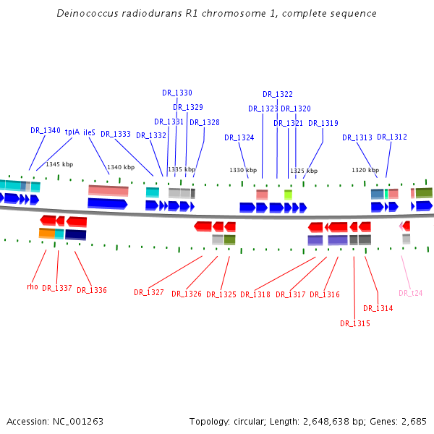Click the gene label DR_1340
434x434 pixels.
(x=46, y=130)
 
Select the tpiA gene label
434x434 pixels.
(x=72, y=132)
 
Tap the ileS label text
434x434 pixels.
(x=89, y=132)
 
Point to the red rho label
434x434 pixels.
(x=33, y=286)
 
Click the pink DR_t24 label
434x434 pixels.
(x=410, y=293)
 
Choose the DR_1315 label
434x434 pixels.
(x=355, y=323)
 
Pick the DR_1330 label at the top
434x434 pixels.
(x=177, y=93)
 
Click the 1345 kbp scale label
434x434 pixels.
(x=59, y=164)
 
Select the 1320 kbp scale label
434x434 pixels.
(x=365, y=170)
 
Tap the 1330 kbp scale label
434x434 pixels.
(x=243, y=170)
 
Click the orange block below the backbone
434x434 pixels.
(x=47, y=234)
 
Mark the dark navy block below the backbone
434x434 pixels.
(x=75, y=234)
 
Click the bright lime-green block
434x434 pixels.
(x=288, y=195)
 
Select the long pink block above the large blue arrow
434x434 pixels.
(x=109, y=190)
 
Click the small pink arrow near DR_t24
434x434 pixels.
(x=401, y=226)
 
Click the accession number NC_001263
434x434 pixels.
(x=78, y=422)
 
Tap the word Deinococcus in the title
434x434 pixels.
(x=88, y=13)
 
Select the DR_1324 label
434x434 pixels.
(x=239, y=137)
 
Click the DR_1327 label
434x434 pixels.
(x=149, y=292)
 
